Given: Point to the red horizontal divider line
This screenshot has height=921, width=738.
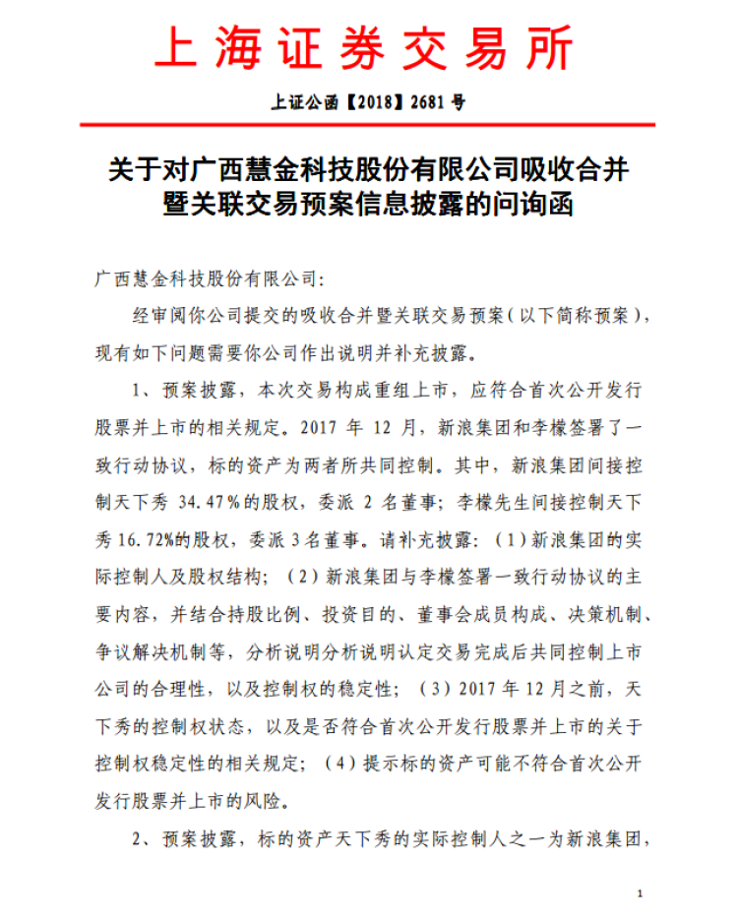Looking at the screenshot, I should (368, 125).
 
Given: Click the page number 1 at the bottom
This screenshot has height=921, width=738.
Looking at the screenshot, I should (640, 892).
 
